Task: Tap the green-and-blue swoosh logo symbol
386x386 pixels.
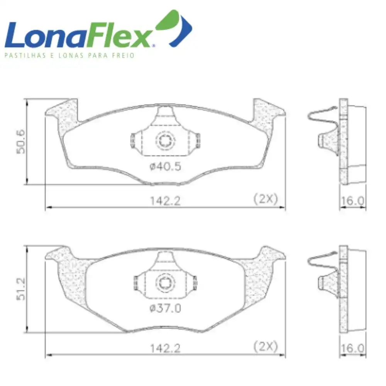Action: pyautogui.click(x=174, y=28)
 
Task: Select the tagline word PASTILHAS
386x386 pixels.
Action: pyautogui.click(x=25, y=55)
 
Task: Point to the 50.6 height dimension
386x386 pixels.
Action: pyautogui.click(x=21, y=142)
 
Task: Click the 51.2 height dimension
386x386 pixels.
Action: pyautogui.click(x=21, y=289)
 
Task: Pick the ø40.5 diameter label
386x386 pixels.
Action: pyautogui.click(x=165, y=167)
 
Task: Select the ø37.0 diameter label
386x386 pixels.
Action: pyautogui.click(x=165, y=308)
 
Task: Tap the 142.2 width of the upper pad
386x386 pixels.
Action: pyautogui.click(x=165, y=201)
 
